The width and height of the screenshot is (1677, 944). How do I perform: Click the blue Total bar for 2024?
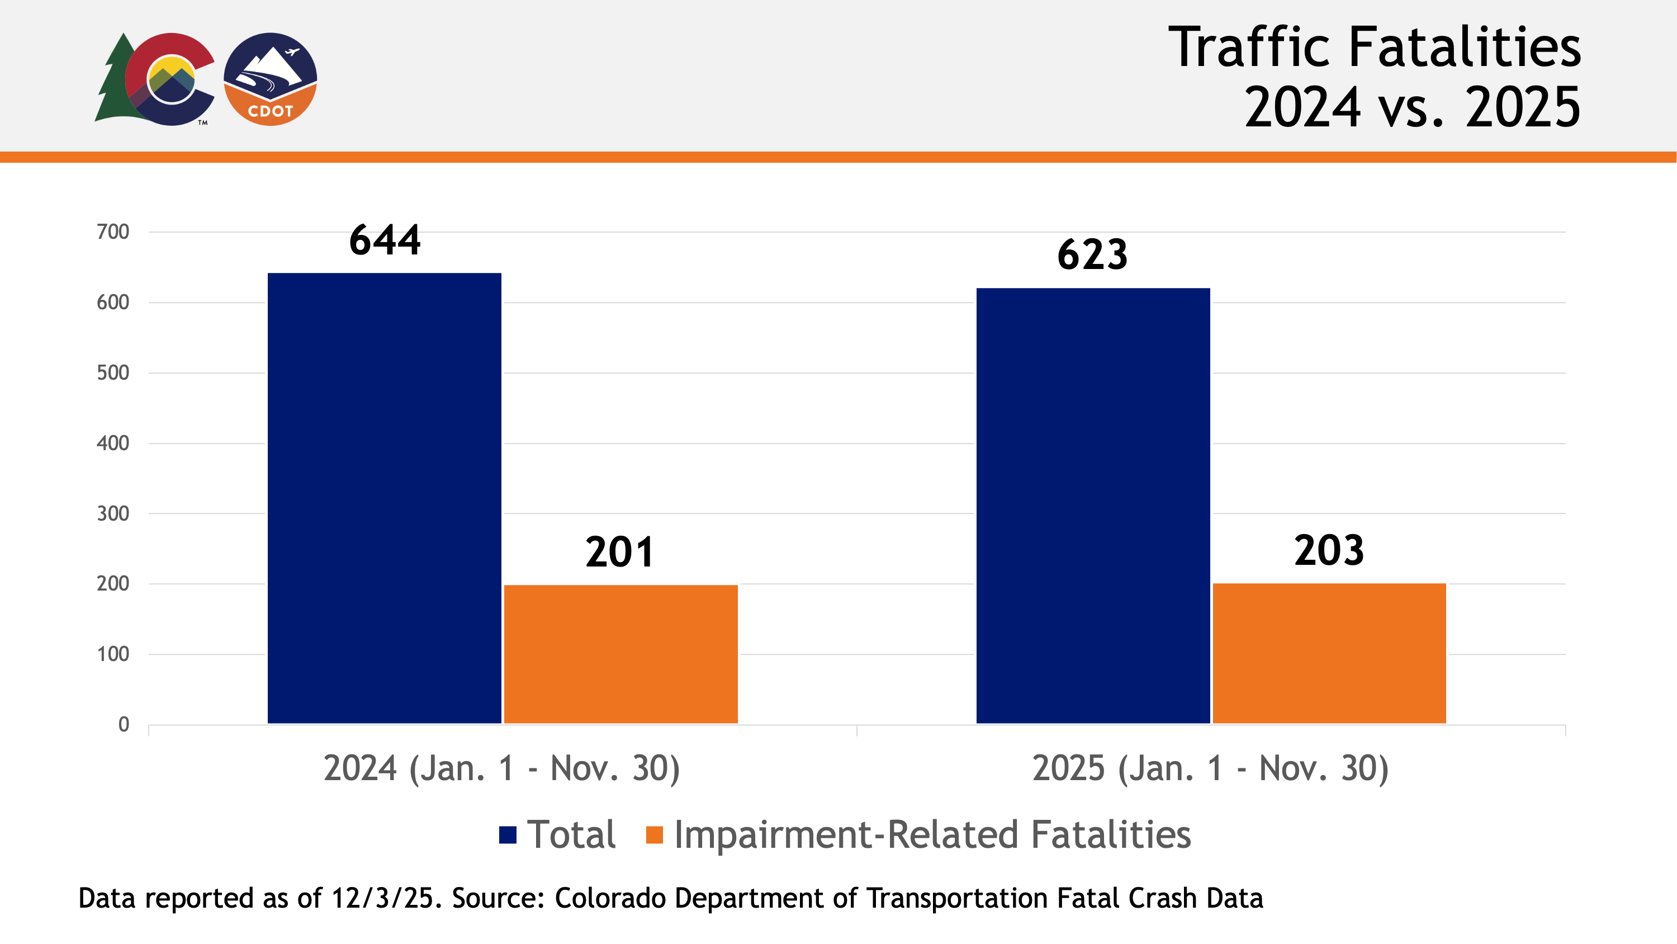point(384,498)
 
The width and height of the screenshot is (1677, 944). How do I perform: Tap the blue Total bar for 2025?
point(1092,506)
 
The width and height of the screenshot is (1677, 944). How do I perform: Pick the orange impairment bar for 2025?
point(1329,653)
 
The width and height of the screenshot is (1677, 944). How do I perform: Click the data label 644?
point(385,240)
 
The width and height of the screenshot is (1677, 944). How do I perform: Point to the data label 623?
point(1092,254)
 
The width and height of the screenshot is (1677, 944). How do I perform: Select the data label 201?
point(619,553)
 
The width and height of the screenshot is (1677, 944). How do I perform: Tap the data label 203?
point(1328,550)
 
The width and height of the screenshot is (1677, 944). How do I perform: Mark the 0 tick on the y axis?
point(123,724)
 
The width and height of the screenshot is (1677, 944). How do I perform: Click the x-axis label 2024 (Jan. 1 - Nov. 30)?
point(501,769)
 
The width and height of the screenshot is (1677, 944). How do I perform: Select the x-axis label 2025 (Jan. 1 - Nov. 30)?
point(1210,769)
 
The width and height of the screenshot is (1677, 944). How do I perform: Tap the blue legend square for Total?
point(507,834)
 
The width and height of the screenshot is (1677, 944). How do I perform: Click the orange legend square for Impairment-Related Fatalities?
point(653,834)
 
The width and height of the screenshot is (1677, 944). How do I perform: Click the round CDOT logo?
point(270,79)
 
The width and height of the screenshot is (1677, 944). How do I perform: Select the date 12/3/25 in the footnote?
point(382,898)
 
